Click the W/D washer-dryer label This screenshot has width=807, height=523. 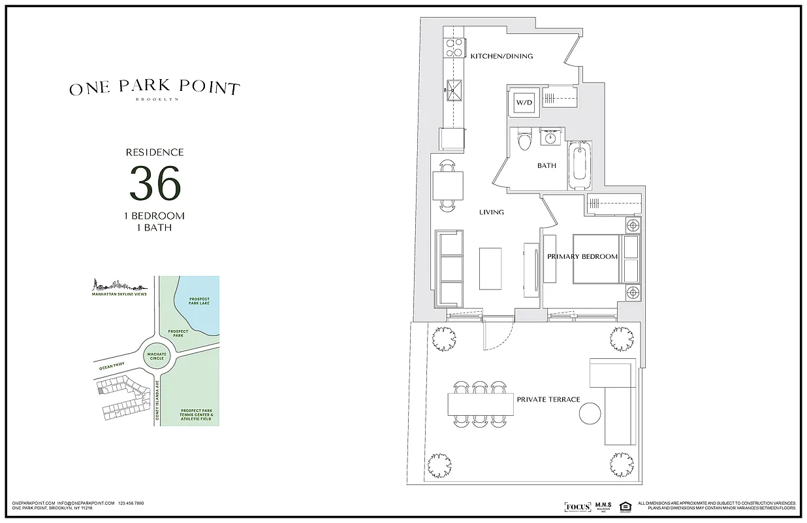click(x=524, y=103)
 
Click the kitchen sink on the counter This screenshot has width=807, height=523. click(x=454, y=88)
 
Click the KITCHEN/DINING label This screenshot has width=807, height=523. click(x=501, y=56)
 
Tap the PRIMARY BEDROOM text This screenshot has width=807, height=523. click(x=582, y=257)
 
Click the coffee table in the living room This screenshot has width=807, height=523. click(x=490, y=268)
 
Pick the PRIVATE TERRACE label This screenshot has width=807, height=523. click(x=548, y=399)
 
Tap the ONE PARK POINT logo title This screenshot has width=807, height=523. click(x=155, y=89)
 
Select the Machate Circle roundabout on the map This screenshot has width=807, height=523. click(x=155, y=356)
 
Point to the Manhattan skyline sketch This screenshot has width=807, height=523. click(x=118, y=285)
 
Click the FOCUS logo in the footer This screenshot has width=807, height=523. click(x=577, y=507)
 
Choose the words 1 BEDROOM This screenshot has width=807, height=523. click(x=155, y=216)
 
